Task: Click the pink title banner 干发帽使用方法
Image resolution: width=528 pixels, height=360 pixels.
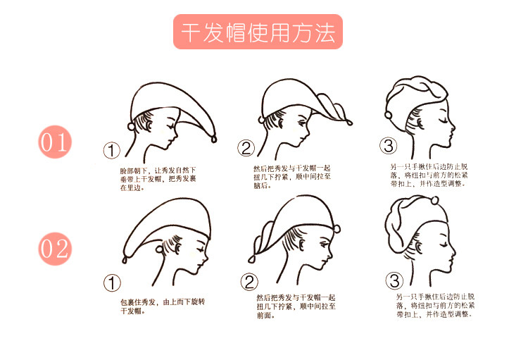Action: click(257, 33)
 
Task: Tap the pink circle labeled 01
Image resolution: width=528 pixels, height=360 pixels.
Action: click(55, 143)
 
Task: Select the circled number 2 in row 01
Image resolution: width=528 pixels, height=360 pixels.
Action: click(246, 148)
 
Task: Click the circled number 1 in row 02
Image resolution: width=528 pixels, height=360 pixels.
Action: click(112, 283)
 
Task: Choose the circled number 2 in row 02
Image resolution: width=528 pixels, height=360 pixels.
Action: click(250, 282)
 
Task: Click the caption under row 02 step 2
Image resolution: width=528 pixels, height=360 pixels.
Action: click(296, 306)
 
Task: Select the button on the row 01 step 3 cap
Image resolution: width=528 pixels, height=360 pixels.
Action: click(388, 114)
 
